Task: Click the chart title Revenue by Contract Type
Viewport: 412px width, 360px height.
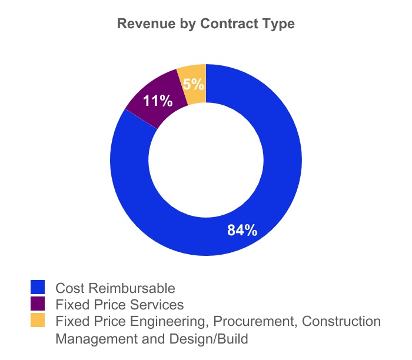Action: [x=206, y=25]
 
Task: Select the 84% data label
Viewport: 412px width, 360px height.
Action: [x=242, y=230]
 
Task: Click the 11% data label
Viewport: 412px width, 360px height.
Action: [x=158, y=101]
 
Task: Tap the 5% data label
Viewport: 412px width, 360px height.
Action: [x=193, y=84]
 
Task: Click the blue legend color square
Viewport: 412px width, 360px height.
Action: [x=38, y=288]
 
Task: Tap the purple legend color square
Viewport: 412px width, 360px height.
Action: [x=38, y=304]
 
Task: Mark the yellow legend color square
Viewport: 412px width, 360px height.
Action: [x=38, y=321]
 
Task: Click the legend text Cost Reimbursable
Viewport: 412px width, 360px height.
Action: [x=115, y=288]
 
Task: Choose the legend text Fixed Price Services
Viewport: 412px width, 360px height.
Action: [x=119, y=305]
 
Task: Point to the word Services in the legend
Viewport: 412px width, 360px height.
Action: [x=159, y=305]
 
